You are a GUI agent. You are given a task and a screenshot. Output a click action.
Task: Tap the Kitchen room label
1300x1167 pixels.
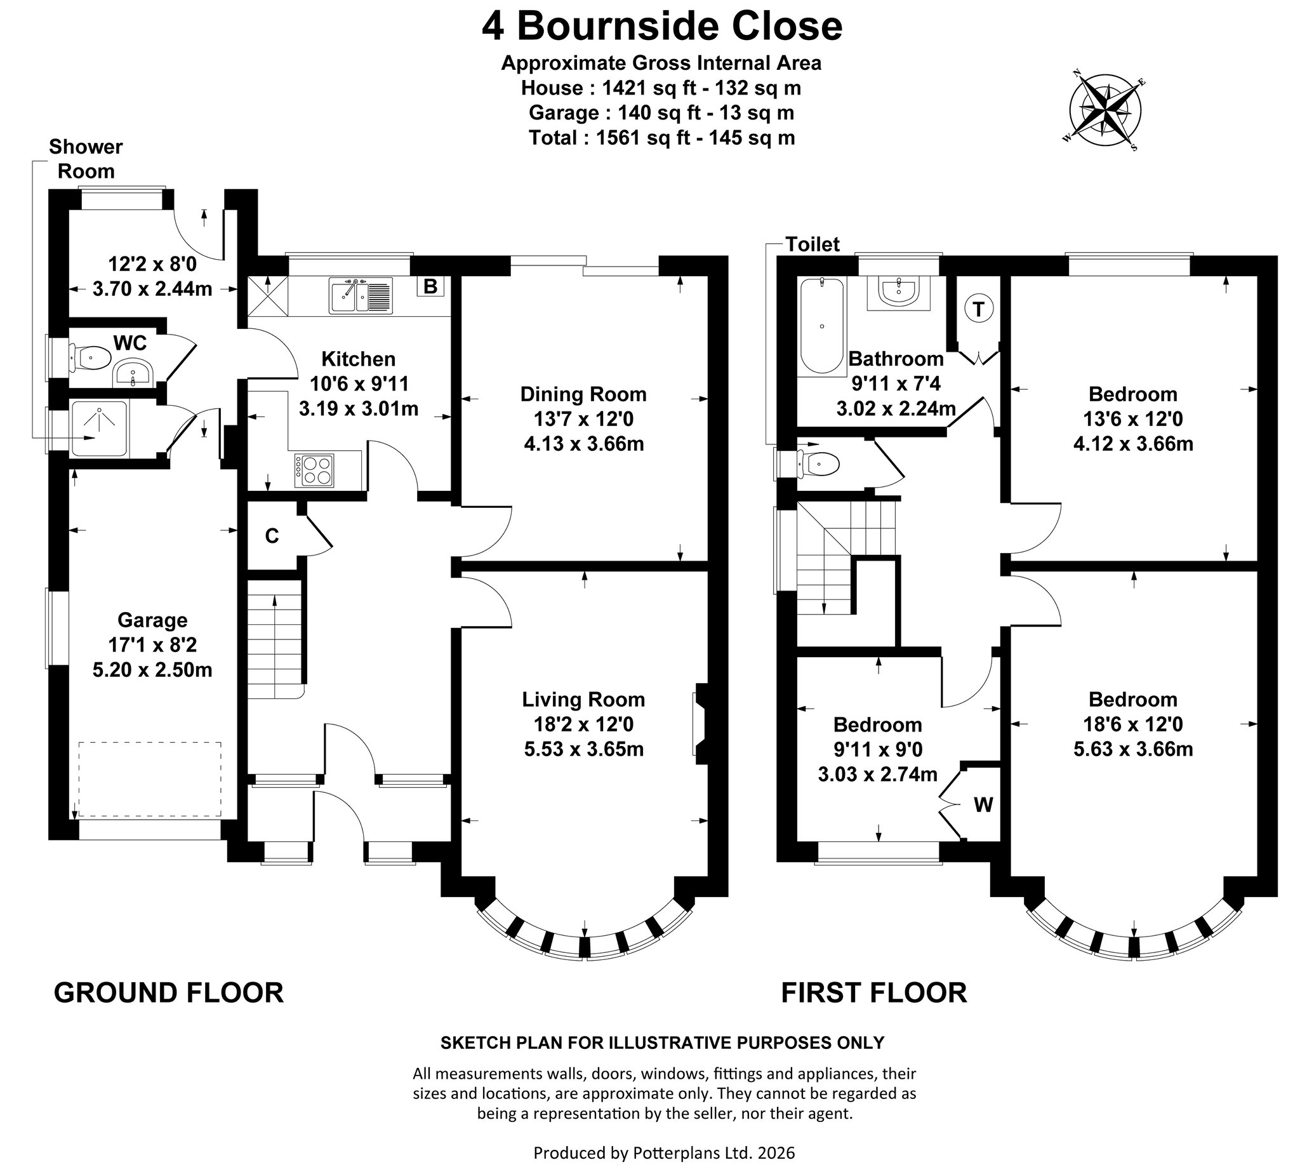pyautogui.click(x=359, y=359)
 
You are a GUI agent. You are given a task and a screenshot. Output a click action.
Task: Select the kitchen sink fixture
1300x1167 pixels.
pyautogui.click(x=361, y=296)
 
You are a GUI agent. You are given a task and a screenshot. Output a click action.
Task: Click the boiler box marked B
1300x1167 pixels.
pyautogui.click(x=430, y=286)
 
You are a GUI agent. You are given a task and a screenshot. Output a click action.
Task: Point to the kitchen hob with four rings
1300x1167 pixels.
pyautogui.click(x=315, y=470)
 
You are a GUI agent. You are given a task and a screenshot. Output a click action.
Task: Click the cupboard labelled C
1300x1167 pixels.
pyautogui.click(x=272, y=536)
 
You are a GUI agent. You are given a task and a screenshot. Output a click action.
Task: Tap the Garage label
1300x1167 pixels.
pyautogui.click(x=152, y=620)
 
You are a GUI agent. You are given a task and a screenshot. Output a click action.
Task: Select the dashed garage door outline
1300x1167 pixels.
pyautogui.click(x=150, y=779)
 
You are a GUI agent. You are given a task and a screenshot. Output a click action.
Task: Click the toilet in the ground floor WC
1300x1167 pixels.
pyautogui.click(x=89, y=358)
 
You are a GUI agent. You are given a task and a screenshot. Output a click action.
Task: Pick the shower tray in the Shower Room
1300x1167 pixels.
pyautogui.click(x=99, y=429)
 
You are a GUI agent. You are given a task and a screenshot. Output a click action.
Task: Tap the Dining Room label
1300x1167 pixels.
pyautogui.click(x=583, y=394)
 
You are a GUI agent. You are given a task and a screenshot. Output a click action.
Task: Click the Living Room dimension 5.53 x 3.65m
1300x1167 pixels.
pyautogui.click(x=584, y=749)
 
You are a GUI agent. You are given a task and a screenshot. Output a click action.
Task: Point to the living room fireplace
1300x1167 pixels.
pyautogui.click(x=701, y=724)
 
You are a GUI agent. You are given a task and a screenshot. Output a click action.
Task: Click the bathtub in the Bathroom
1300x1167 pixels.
pyautogui.click(x=822, y=325)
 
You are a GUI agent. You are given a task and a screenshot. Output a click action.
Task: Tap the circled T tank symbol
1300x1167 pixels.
pyautogui.click(x=978, y=309)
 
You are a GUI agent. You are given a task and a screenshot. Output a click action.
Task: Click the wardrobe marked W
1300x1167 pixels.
pyautogui.click(x=983, y=804)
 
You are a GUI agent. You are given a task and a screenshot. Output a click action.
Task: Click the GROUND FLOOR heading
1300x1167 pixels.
pyautogui.click(x=169, y=992)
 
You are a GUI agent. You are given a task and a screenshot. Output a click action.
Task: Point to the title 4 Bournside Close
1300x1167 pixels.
pyautogui.click(x=662, y=27)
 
